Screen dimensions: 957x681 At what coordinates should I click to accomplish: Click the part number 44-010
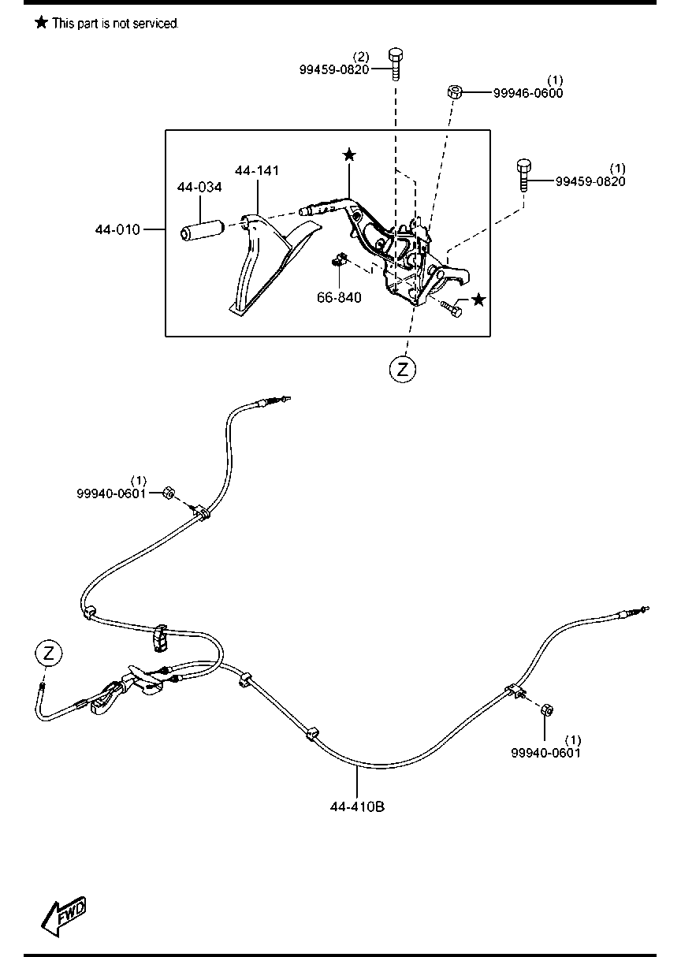point(117,229)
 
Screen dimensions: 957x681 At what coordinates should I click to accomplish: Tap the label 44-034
point(199,188)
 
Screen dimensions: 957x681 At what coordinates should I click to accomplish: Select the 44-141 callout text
point(257,170)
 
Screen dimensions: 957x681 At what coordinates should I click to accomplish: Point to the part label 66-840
point(339,298)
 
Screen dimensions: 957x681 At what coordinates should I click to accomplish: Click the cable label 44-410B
point(358,806)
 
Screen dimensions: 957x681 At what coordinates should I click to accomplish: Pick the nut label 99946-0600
point(528,92)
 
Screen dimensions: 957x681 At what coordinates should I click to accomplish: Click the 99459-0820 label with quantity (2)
point(334,69)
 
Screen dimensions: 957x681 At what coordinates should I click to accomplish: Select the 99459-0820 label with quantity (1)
point(590,181)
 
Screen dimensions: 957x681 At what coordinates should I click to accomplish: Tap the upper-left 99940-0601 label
point(111,493)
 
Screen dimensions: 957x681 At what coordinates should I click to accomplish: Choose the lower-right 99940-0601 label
point(545,752)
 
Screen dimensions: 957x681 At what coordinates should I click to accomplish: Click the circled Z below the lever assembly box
point(402,368)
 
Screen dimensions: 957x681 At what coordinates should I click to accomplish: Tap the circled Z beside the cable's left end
point(49,653)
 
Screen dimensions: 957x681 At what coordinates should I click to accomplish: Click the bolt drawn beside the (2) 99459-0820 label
point(396,64)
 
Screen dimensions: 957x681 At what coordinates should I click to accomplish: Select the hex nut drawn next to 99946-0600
point(455,91)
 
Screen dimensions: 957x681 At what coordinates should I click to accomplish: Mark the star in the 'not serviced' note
point(41,23)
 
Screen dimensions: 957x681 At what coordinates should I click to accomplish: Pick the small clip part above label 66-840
point(338,260)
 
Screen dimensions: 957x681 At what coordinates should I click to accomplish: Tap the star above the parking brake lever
point(349,155)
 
